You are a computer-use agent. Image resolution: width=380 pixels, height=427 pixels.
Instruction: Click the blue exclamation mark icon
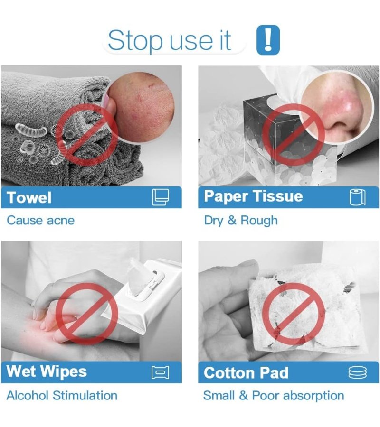268,40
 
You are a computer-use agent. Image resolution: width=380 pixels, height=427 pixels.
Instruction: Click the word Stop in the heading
135,41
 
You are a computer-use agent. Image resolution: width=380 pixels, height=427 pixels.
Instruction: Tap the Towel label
29,197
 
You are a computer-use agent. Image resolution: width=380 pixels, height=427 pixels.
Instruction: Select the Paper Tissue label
253,196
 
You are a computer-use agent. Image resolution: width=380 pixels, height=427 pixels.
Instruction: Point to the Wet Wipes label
47,371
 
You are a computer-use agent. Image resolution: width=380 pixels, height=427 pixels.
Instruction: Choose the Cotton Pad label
246,373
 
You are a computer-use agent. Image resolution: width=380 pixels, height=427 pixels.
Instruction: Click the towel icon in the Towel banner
160,197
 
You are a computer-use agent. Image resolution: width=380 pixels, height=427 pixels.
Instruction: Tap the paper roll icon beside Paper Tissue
358,197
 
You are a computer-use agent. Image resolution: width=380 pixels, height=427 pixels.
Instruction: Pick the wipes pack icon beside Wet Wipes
160,372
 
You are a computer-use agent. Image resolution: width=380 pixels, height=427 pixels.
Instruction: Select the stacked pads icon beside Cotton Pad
358,372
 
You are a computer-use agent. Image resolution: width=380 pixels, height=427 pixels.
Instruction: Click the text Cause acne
41,220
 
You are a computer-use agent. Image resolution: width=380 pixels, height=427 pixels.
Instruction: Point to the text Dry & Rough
241,221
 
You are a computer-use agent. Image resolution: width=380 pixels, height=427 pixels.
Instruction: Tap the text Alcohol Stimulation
62,396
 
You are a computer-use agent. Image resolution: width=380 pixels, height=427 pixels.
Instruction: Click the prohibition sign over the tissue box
294,135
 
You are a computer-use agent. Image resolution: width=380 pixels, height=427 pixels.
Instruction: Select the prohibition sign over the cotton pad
294,314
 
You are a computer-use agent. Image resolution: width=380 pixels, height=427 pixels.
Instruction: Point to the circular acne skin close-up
140,106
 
